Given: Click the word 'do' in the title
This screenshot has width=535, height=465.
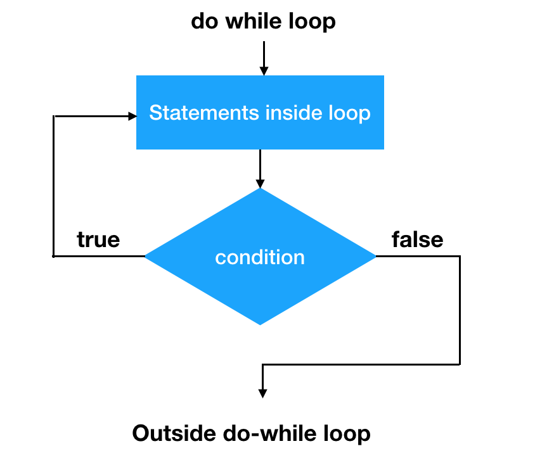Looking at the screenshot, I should (x=203, y=22).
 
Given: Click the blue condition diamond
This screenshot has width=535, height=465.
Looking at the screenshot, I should (x=260, y=285).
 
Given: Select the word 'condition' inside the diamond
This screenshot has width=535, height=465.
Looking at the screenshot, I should (x=260, y=258).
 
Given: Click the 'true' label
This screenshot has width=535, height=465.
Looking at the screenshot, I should (x=98, y=239).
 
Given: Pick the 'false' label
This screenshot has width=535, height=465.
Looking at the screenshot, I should (x=417, y=239).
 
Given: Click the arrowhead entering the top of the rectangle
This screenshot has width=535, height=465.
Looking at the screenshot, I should (x=264, y=70).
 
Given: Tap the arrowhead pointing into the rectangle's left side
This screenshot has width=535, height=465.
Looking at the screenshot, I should (x=132, y=116).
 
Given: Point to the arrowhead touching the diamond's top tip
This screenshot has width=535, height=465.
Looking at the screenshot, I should (x=260, y=183).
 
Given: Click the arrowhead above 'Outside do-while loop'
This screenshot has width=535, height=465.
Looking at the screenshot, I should (x=262, y=393).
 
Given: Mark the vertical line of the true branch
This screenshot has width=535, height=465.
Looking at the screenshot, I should (x=55, y=186).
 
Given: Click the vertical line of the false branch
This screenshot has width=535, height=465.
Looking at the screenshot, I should (x=460, y=310).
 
